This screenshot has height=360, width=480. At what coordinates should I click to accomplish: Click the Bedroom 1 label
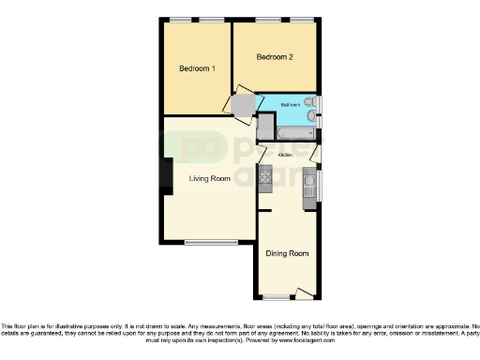coord(198,68)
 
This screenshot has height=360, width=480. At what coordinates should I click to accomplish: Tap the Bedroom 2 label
coord(275,57)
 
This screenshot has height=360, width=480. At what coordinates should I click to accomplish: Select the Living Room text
coord(209,179)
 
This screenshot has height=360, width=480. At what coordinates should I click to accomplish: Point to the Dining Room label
coord(287,253)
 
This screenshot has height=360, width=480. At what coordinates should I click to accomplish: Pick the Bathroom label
coord(289,105)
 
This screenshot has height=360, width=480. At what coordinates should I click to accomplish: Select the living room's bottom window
coord(210,243)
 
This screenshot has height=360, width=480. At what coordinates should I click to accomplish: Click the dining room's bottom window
coord(277,297)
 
